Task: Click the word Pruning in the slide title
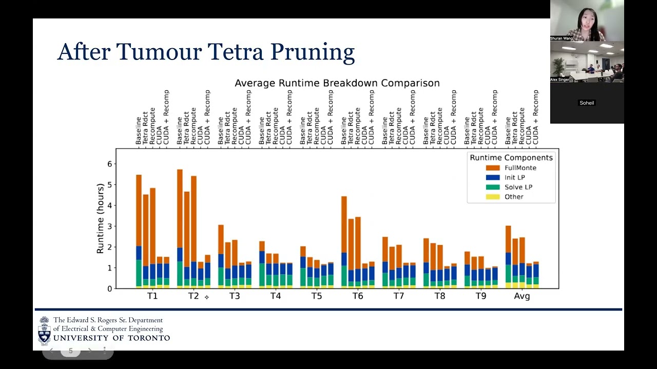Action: (x=312, y=52)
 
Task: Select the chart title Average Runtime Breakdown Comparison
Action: (x=337, y=83)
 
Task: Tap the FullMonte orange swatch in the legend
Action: (x=492, y=168)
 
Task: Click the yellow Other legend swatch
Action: (x=492, y=197)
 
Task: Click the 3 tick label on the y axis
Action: (x=109, y=227)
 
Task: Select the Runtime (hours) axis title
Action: (x=101, y=218)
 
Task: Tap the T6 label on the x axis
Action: (x=358, y=296)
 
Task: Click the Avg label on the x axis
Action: (x=522, y=296)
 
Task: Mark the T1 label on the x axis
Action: (x=152, y=296)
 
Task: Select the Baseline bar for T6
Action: (x=344, y=241)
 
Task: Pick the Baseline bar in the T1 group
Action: (x=139, y=231)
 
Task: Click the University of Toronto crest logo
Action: (x=45, y=331)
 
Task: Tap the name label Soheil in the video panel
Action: (x=587, y=103)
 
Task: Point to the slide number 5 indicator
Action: (x=71, y=351)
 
